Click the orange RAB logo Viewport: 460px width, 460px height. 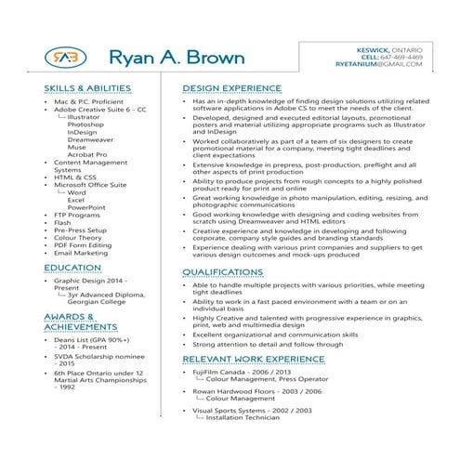point(62,58)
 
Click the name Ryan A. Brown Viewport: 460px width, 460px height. point(177,59)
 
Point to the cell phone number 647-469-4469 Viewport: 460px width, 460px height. point(398,56)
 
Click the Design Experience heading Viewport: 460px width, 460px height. point(231,88)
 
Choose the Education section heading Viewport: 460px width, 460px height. point(72,267)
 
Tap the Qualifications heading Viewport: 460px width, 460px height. point(222,272)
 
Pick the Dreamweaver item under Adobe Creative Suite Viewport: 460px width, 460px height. point(90,139)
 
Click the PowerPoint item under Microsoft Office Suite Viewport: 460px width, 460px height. point(86,206)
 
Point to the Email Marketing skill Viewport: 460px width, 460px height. point(81,252)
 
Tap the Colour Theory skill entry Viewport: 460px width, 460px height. point(78,237)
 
